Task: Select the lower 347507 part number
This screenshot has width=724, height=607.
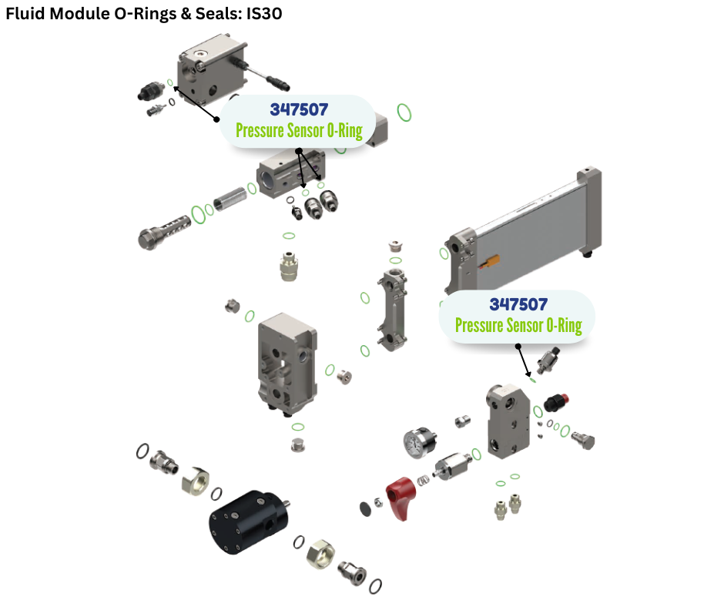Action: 518,305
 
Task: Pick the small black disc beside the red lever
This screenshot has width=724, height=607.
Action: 366,508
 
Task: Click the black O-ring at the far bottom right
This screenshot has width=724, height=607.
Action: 375,587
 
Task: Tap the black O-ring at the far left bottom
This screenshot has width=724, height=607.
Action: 142,451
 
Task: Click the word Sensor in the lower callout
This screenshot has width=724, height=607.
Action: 527,325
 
